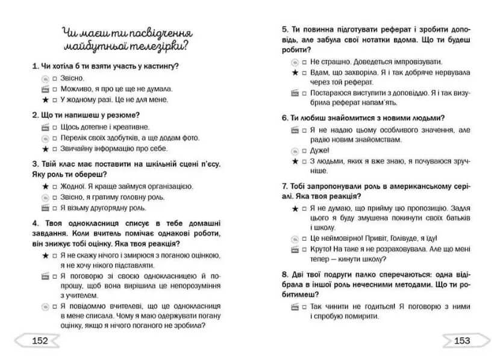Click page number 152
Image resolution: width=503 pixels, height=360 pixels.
[40, 341]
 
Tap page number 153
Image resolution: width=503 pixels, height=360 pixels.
[462, 341]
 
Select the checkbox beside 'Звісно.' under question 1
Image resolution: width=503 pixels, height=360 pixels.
[54, 78]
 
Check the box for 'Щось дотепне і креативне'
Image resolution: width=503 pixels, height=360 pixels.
[54, 127]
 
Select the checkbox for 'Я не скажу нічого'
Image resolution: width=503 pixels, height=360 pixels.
[54, 255]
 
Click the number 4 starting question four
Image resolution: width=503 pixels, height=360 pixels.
[34, 223]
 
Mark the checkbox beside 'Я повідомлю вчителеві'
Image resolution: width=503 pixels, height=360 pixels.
[54, 305]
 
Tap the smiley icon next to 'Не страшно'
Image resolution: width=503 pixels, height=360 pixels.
[295, 61]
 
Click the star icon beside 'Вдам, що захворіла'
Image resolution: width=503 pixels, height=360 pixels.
[295, 72]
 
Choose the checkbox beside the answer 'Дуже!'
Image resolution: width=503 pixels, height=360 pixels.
[305, 151]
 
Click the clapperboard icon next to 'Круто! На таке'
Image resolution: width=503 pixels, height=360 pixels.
[295, 249]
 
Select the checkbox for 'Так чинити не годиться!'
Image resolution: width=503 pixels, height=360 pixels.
[305, 306]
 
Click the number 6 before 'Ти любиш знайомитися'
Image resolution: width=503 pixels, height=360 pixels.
[284, 118]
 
